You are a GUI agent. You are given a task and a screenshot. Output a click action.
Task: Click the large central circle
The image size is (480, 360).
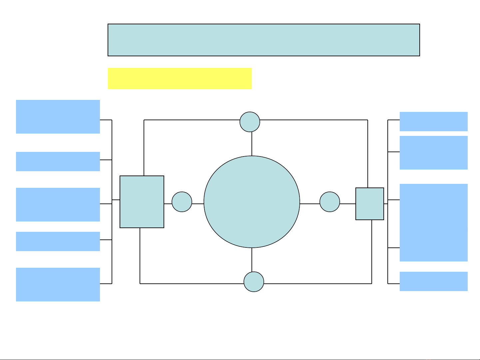coord(252,202)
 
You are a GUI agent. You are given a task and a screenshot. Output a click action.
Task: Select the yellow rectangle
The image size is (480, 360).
coord(180,79)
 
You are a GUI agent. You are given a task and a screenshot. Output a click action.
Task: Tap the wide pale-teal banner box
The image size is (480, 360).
coord(264,40)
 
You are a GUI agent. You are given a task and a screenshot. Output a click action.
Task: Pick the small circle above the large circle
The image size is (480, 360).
coord(250,122)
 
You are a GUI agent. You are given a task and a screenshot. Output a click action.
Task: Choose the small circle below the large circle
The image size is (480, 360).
coord(254,282)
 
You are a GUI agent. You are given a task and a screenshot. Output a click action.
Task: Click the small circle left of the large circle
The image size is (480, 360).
coord(182,202)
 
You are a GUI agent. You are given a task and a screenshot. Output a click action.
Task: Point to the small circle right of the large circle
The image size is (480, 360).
coord(330,202)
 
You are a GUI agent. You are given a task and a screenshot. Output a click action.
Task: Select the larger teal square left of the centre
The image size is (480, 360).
coord(142,202)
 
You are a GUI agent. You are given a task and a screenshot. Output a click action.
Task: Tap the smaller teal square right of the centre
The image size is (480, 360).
coord(370,204)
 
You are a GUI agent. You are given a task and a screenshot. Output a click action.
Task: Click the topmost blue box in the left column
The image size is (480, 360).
coord(58,117)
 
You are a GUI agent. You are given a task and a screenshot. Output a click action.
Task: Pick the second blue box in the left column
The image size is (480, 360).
coord(58,162)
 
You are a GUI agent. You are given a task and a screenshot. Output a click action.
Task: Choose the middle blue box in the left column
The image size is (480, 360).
coord(58,204)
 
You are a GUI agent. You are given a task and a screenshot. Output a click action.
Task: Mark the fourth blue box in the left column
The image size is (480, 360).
coord(58,241)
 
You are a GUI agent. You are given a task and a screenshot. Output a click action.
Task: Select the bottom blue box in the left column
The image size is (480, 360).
coord(58,284)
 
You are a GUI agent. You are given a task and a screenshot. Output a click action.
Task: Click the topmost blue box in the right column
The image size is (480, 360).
coord(434,122)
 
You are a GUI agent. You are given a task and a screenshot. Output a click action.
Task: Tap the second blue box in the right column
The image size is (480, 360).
coord(434,153)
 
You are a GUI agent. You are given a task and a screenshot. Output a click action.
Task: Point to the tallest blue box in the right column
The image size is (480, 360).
coord(434,222)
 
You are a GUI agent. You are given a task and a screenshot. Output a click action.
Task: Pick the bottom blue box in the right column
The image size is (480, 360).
coord(434,281)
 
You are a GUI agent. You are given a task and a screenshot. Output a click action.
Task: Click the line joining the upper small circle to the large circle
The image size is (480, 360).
coord(252,144)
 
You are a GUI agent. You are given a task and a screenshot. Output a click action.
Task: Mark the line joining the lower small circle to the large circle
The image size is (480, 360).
coord(252,260)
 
